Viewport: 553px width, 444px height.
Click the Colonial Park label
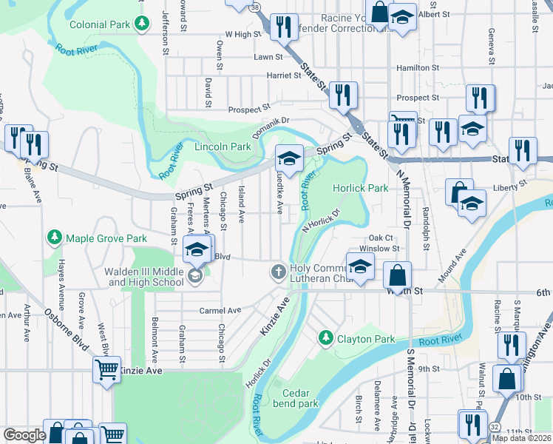tap(100, 24)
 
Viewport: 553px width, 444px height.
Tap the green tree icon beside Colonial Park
tap(140, 24)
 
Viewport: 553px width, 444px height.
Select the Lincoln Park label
tap(223, 147)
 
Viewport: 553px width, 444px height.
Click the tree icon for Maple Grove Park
tap(54, 238)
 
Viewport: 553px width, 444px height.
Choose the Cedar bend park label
tap(294, 398)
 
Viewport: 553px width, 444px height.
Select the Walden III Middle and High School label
tap(144, 277)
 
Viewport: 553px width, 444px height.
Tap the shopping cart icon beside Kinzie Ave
tap(106, 369)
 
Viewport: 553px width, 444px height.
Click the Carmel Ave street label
tap(220, 310)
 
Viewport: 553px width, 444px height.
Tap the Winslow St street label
tap(379, 249)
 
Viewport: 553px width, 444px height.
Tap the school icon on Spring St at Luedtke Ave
tap(289, 159)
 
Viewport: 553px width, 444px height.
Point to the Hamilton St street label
tap(418, 67)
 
